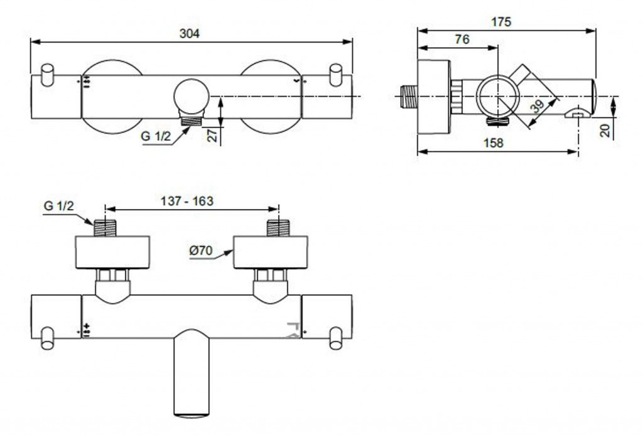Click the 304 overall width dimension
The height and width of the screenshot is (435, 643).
click(x=190, y=35)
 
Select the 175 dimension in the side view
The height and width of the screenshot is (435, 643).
click(x=502, y=21)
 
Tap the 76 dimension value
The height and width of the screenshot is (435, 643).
click(x=462, y=40)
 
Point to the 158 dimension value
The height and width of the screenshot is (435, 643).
click(x=495, y=142)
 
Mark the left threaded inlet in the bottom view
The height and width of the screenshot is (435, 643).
click(x=104, y=228)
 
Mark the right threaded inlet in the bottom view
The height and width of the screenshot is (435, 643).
click(x=277, y=228)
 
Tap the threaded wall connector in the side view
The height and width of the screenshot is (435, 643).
click(x=409, y=96)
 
